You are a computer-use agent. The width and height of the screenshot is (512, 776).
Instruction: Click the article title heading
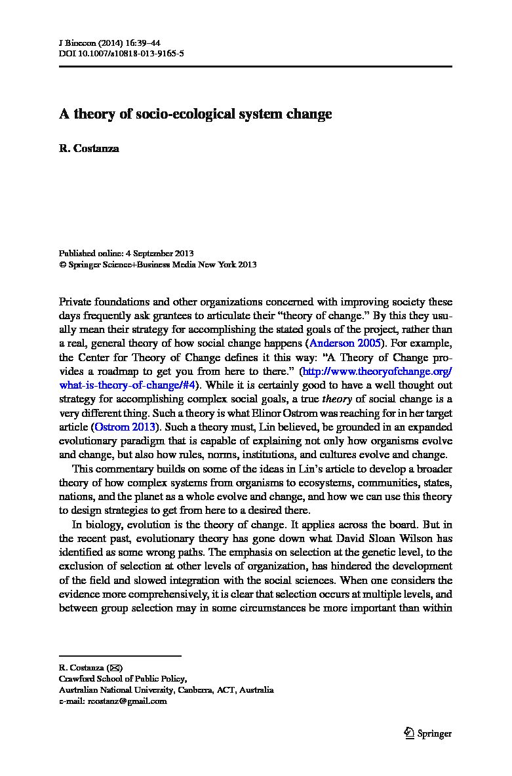coord(195,114)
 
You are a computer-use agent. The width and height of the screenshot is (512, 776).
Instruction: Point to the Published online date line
coord(126,253)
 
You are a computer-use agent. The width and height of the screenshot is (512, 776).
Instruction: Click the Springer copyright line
coord(157,265)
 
